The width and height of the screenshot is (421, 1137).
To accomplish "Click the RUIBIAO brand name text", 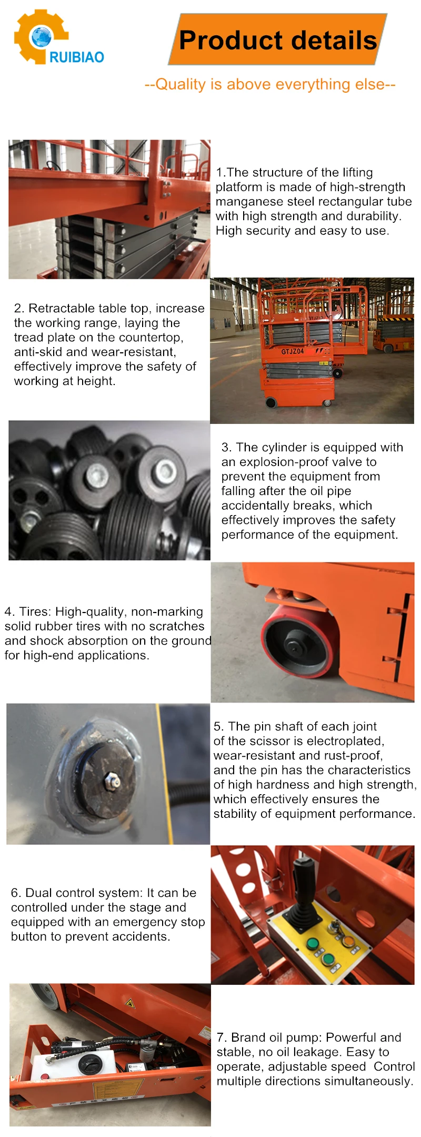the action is click(x=77, y=57).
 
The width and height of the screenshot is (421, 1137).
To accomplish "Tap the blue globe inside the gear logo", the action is click(x=41, y=37).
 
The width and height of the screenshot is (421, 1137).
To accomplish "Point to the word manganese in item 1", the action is click(x=247, y=202).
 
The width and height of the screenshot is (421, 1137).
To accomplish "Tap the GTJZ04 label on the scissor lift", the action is click(x=292, y=351).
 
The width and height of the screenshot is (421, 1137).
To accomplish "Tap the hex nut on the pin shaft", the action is click(x=112, y=777).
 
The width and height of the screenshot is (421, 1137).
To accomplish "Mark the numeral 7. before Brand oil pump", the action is click(x=222, y=1037).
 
